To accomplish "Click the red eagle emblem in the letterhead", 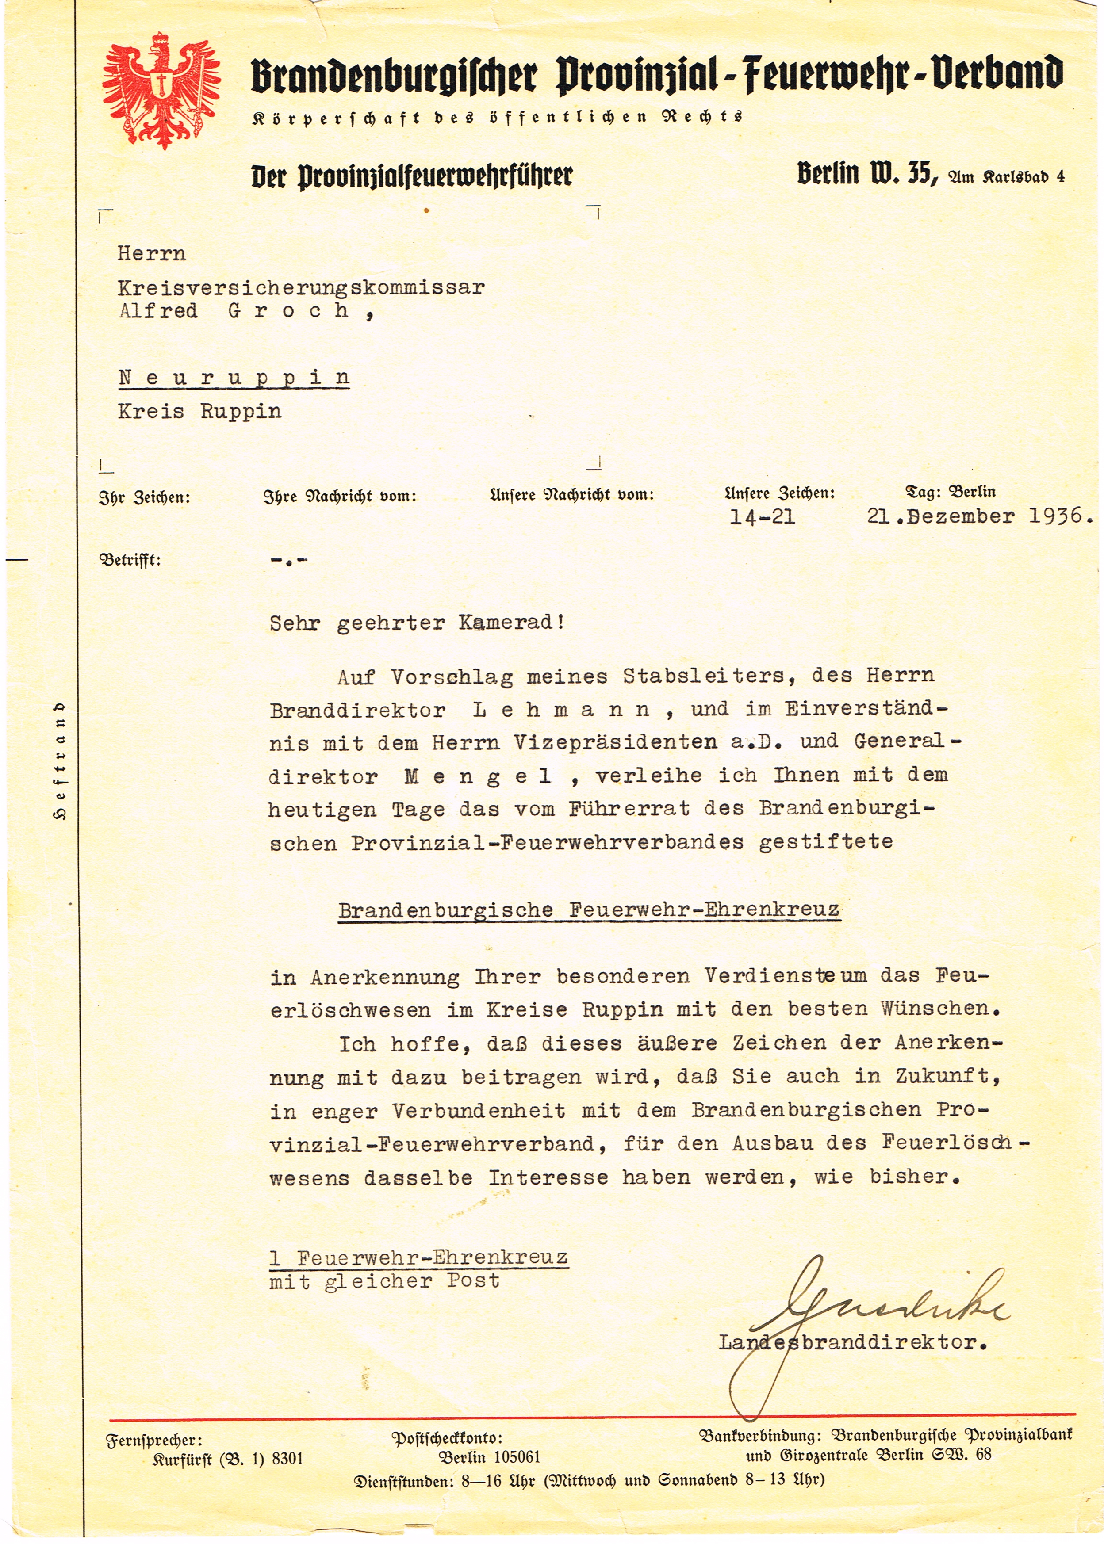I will click(161, 90).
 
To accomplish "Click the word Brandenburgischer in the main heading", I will click(394, 76).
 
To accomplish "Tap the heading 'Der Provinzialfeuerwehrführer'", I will click(411, 176).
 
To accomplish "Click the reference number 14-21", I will click(762, 517).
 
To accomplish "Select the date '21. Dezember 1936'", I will click(979, 516).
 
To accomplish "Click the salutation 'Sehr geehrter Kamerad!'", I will click(417, 623).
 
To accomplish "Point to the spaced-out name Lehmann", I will click(561, 710).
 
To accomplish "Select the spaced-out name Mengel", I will click(478, 776).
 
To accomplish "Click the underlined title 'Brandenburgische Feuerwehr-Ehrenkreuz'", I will click(589, 910).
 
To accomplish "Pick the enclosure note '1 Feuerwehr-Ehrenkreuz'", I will click(418, 1258).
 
